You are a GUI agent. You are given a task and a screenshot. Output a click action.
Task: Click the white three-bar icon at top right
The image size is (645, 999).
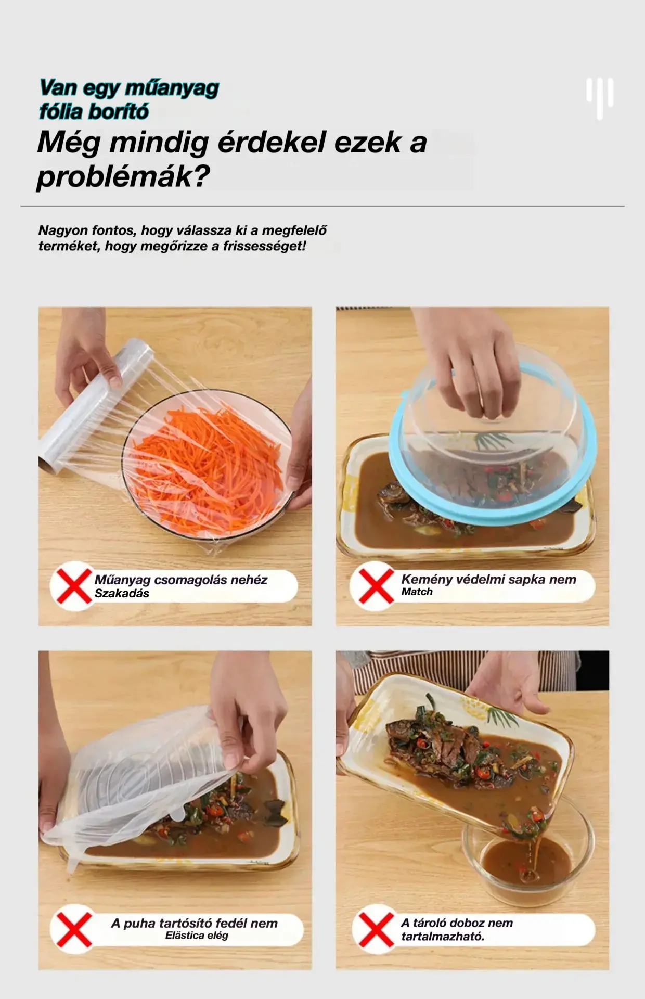click(600, 98)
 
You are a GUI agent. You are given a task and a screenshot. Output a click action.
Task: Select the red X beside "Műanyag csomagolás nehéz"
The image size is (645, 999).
click(74, 586)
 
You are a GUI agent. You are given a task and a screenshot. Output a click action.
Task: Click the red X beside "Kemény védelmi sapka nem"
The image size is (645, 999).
click(373, 586)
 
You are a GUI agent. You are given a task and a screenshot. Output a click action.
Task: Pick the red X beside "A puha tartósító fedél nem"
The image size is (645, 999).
click(74, 929)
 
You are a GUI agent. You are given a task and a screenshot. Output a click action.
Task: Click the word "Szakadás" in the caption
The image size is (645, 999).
click(122, 594)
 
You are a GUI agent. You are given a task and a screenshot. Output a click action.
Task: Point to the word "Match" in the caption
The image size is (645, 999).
click(417, 592)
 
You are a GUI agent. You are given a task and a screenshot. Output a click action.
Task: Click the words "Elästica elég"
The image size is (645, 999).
click(197, 936)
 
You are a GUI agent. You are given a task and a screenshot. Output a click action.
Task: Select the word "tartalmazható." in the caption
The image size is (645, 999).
click(443, 937)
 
